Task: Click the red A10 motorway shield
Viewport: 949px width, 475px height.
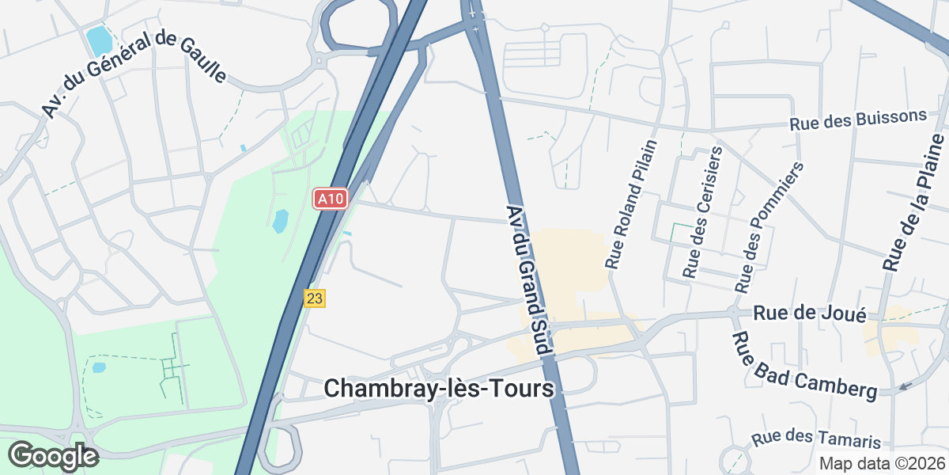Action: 331,199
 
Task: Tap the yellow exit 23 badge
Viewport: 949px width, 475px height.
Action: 315,298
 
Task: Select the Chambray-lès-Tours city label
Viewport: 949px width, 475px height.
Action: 439,388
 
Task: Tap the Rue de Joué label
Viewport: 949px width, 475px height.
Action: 810,313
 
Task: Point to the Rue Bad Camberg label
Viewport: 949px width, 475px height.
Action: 805,365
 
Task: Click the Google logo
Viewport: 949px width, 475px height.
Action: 53,456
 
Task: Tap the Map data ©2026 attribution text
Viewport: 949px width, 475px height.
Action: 882,464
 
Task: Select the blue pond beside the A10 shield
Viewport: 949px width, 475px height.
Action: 281,221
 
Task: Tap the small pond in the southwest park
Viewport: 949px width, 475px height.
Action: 99,367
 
